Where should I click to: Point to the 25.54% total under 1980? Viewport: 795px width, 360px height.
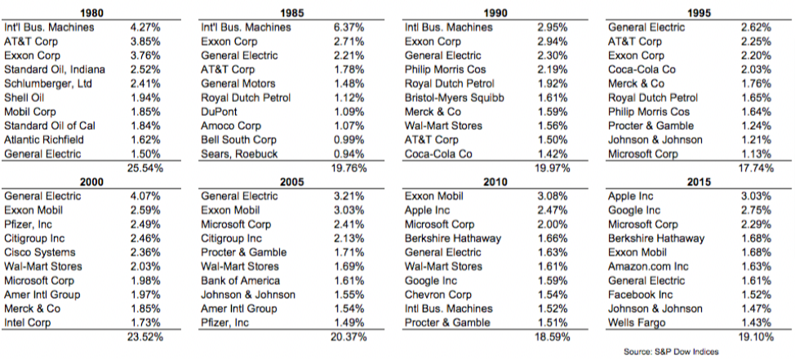[145, 168]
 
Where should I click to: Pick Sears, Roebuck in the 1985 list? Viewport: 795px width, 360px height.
[239, 154]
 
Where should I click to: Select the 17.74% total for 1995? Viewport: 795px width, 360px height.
[756, 168]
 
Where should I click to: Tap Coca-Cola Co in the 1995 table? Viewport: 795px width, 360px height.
[642, 69]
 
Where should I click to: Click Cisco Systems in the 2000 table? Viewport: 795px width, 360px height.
[39, 252]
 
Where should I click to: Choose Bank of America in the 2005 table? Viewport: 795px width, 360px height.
[240, 281]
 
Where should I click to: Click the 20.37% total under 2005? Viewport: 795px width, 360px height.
[349, 337]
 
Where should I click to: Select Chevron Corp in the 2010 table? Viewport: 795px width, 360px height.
[438, 295]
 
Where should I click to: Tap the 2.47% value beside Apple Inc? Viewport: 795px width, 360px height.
[553, 211]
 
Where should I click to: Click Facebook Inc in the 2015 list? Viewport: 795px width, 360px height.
[641, 295]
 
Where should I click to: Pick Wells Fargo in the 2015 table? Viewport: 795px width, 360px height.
[637, 323]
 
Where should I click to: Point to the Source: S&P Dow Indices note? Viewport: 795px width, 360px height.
[671, 351]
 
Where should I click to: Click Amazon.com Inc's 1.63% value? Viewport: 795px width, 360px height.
[756, 267]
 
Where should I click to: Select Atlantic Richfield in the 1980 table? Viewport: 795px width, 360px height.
[43, 140]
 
